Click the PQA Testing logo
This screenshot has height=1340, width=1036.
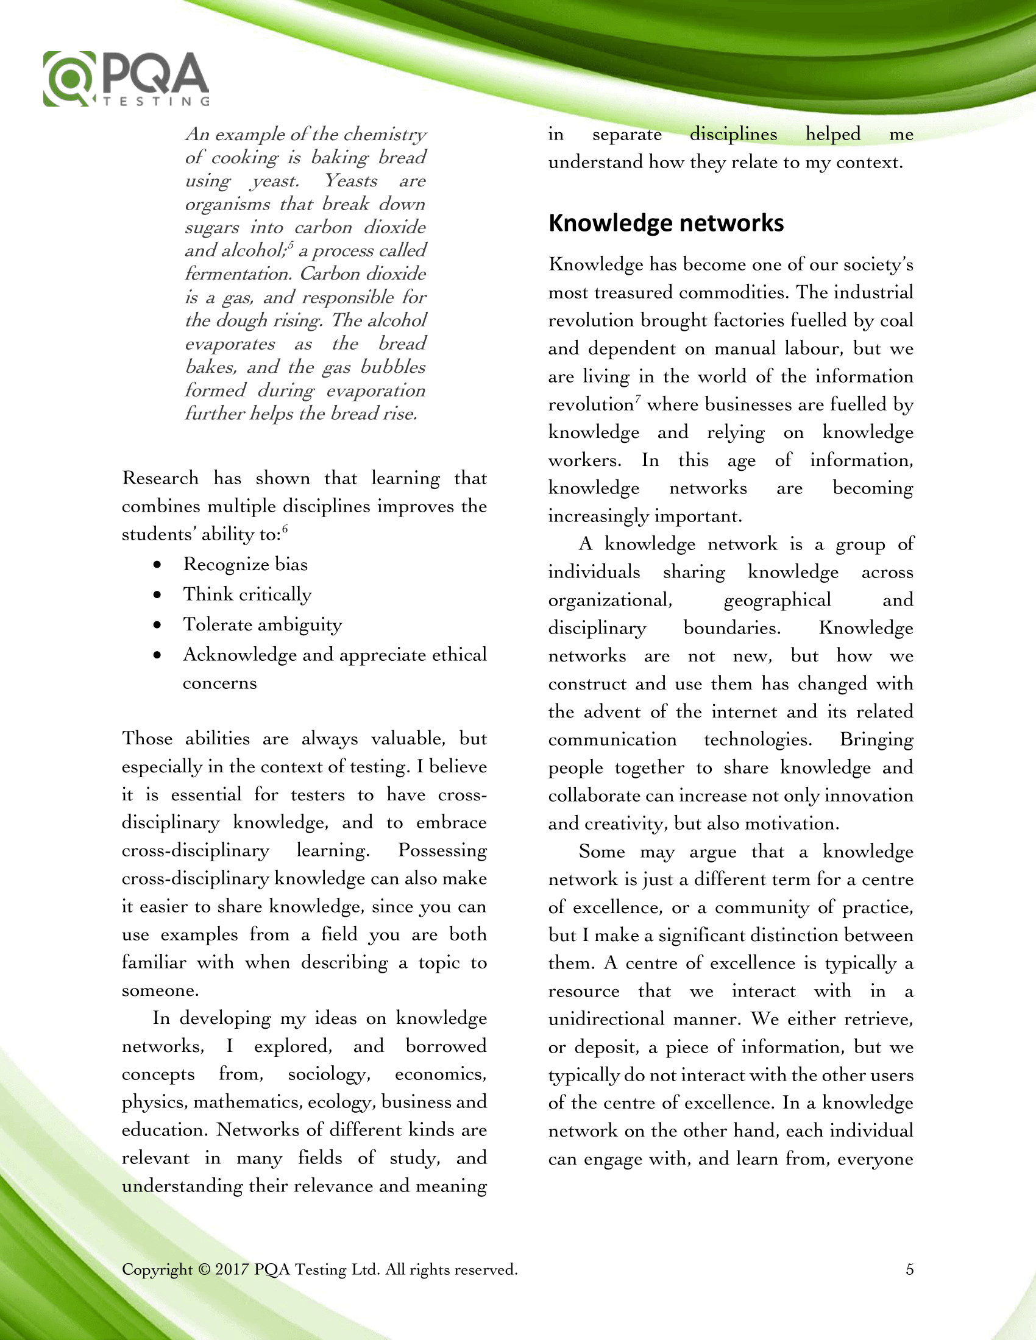pyautogui.click(x=126, y=79)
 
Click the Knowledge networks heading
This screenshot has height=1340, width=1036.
pyautogui.click(x=666, y=223)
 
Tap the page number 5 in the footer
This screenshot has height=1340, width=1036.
pyautogui.click(x=910, y=1269)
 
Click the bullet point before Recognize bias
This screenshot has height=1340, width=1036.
pyautogui.click(x=158, y=565)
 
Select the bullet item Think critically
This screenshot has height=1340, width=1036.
pyautogui.click(x=247, y=594)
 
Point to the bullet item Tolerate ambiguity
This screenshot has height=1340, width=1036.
pyautogui.click(x=262, y=624)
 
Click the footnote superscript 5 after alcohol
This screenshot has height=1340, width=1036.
pyautogui.click(x=291, y=245)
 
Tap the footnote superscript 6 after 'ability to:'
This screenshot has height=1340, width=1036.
pyautogui.click(x=285, y=529)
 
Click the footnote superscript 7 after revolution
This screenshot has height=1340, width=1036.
pyautogui.click(x=638, y=400)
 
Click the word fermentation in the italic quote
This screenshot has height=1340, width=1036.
pyautogui.click(x=237, y=273)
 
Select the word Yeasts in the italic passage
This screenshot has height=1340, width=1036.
pyautogui.click(x=350, y=180)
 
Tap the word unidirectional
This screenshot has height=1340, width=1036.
pyautogui.click(x=605, y=1019)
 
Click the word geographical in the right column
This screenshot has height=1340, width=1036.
pyautogui.click(x=777, y=600)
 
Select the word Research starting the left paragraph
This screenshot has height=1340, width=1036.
pyautogui.click(x=160, y=478)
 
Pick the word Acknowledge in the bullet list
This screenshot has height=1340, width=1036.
pyautogui.click(x=239, y=655)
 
